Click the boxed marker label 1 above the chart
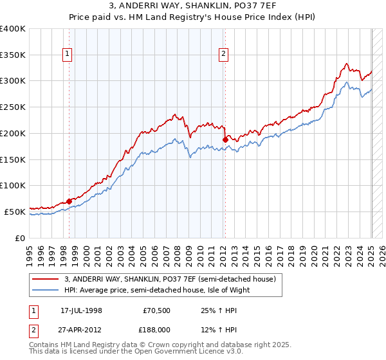coord(68,55)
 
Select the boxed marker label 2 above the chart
coord(224,55)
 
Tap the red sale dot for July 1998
coord(69,201)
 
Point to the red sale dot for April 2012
coord(225,139)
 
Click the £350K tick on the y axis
coord(13,55)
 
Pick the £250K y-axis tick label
coord(13,107)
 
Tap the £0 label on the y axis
coord(21,238)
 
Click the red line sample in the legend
coord(45,279)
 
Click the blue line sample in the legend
coord(45,290)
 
